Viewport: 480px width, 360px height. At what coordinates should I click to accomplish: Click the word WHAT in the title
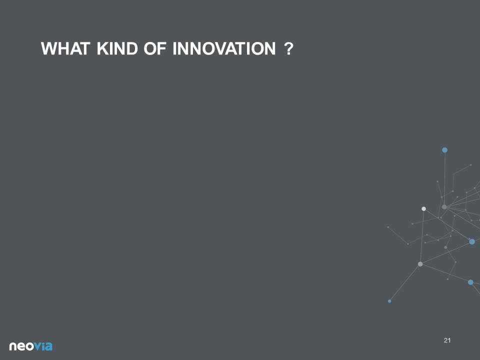click(65, 48)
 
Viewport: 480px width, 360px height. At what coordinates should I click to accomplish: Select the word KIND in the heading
click(117, 48)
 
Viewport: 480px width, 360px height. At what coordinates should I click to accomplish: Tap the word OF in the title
click(155, 48)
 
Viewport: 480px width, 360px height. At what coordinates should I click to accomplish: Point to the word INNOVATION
click(224, 48)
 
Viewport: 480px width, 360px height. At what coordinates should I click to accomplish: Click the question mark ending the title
click(288, 48)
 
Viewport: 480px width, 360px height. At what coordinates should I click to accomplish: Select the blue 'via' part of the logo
click(43, 346)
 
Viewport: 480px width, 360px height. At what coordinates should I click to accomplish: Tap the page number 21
click(447, 340)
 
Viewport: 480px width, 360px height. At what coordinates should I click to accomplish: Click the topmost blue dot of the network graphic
click(445, 150)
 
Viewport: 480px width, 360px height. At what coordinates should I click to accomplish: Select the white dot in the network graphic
click(423, 209)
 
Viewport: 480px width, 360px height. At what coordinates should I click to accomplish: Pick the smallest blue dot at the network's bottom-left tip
click(389, 301)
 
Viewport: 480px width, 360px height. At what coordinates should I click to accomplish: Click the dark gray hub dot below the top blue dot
click(444, 207)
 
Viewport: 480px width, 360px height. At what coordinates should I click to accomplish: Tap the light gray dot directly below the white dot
click(420, 264)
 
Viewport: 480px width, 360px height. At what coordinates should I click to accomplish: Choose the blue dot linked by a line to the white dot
click(472, 242)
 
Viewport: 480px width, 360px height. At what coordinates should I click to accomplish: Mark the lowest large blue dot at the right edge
click(470, 282)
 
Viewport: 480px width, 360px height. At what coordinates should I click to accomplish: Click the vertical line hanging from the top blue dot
click(444, 178)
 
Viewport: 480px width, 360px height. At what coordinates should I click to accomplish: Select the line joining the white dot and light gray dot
click(422, 236)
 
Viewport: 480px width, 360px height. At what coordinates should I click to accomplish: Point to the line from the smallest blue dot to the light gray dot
click(404, 282)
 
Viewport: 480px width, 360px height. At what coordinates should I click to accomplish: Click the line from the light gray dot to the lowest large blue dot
click(445, 273)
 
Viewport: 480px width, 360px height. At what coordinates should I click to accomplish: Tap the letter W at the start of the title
click(48, 48)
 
